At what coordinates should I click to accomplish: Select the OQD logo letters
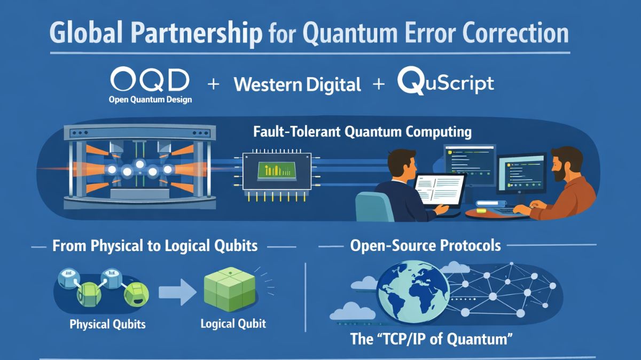point(150,81)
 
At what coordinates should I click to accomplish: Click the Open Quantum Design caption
point(150,99)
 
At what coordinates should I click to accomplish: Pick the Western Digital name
point(298,84)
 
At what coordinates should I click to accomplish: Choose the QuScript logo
point(445,83)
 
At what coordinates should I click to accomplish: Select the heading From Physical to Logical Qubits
point(155,246)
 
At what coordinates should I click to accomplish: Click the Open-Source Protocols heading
point(425,246)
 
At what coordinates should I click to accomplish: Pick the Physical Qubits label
point(107,324)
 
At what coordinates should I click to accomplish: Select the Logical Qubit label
point(233,324)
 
